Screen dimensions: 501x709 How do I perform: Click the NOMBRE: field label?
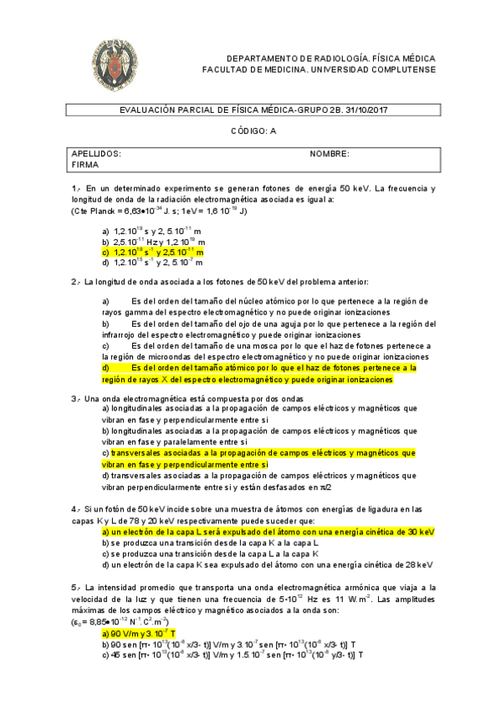coord(330,154)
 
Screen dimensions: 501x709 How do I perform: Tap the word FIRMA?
coord(85,165)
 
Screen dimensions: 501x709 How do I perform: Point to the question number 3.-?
coord(77,398)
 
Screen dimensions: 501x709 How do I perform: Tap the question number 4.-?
coord(77,509)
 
